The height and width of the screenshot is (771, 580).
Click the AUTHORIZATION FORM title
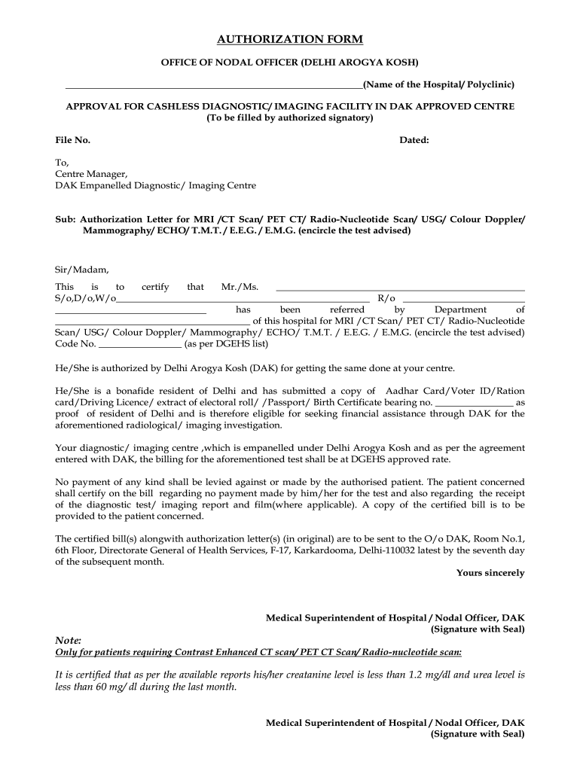(290, 38)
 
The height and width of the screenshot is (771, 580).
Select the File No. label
(73, 140)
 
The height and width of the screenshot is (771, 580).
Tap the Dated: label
(414, 140)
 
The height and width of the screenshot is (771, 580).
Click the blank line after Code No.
(140, 345)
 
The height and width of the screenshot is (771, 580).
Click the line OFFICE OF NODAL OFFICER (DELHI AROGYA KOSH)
(290, 61)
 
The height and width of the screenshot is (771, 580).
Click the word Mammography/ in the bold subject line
(114, 230)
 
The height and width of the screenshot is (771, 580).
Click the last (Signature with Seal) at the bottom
(478, 733)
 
